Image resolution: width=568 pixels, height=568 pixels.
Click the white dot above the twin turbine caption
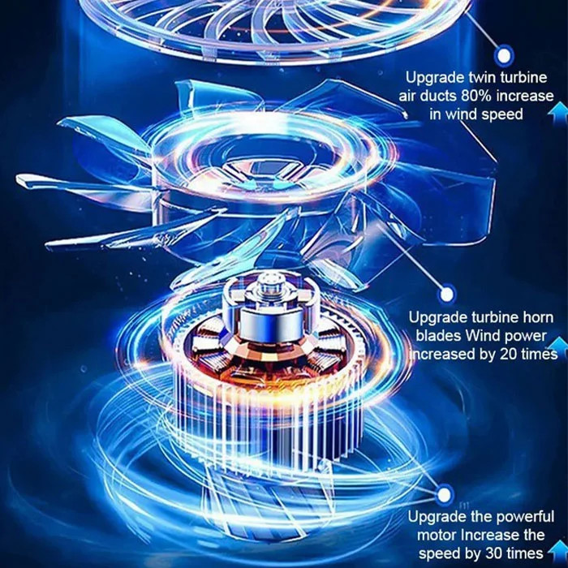click(x=504, y=56)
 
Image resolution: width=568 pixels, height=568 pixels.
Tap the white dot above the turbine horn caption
click(x=447, y=294)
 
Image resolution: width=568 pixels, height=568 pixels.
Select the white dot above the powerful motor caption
click(x=444, y=495)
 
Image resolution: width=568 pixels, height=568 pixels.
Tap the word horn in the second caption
click(x=537, y=317)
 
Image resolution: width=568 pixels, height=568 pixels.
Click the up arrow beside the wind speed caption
click(x=558, y=113)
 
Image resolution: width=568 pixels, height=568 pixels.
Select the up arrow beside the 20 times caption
click(x=559, y=346)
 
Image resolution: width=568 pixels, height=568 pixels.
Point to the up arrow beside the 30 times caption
click(x=559, y=550)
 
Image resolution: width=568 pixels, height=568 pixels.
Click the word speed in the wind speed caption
click(x=502, y=115)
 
